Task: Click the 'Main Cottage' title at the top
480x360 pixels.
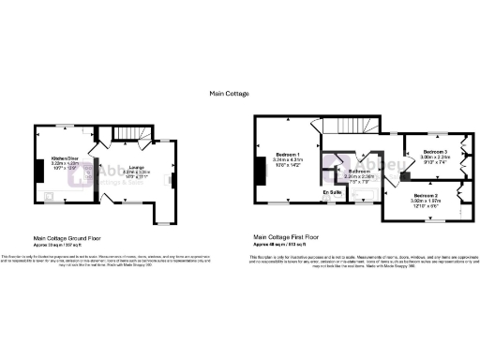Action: click(230, 93)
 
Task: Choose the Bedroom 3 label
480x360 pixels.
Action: click(434, 152)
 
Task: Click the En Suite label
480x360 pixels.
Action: click(333, 191)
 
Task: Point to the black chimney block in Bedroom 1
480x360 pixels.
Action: click(259, 170)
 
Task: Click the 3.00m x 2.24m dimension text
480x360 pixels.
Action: click(434, 157)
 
